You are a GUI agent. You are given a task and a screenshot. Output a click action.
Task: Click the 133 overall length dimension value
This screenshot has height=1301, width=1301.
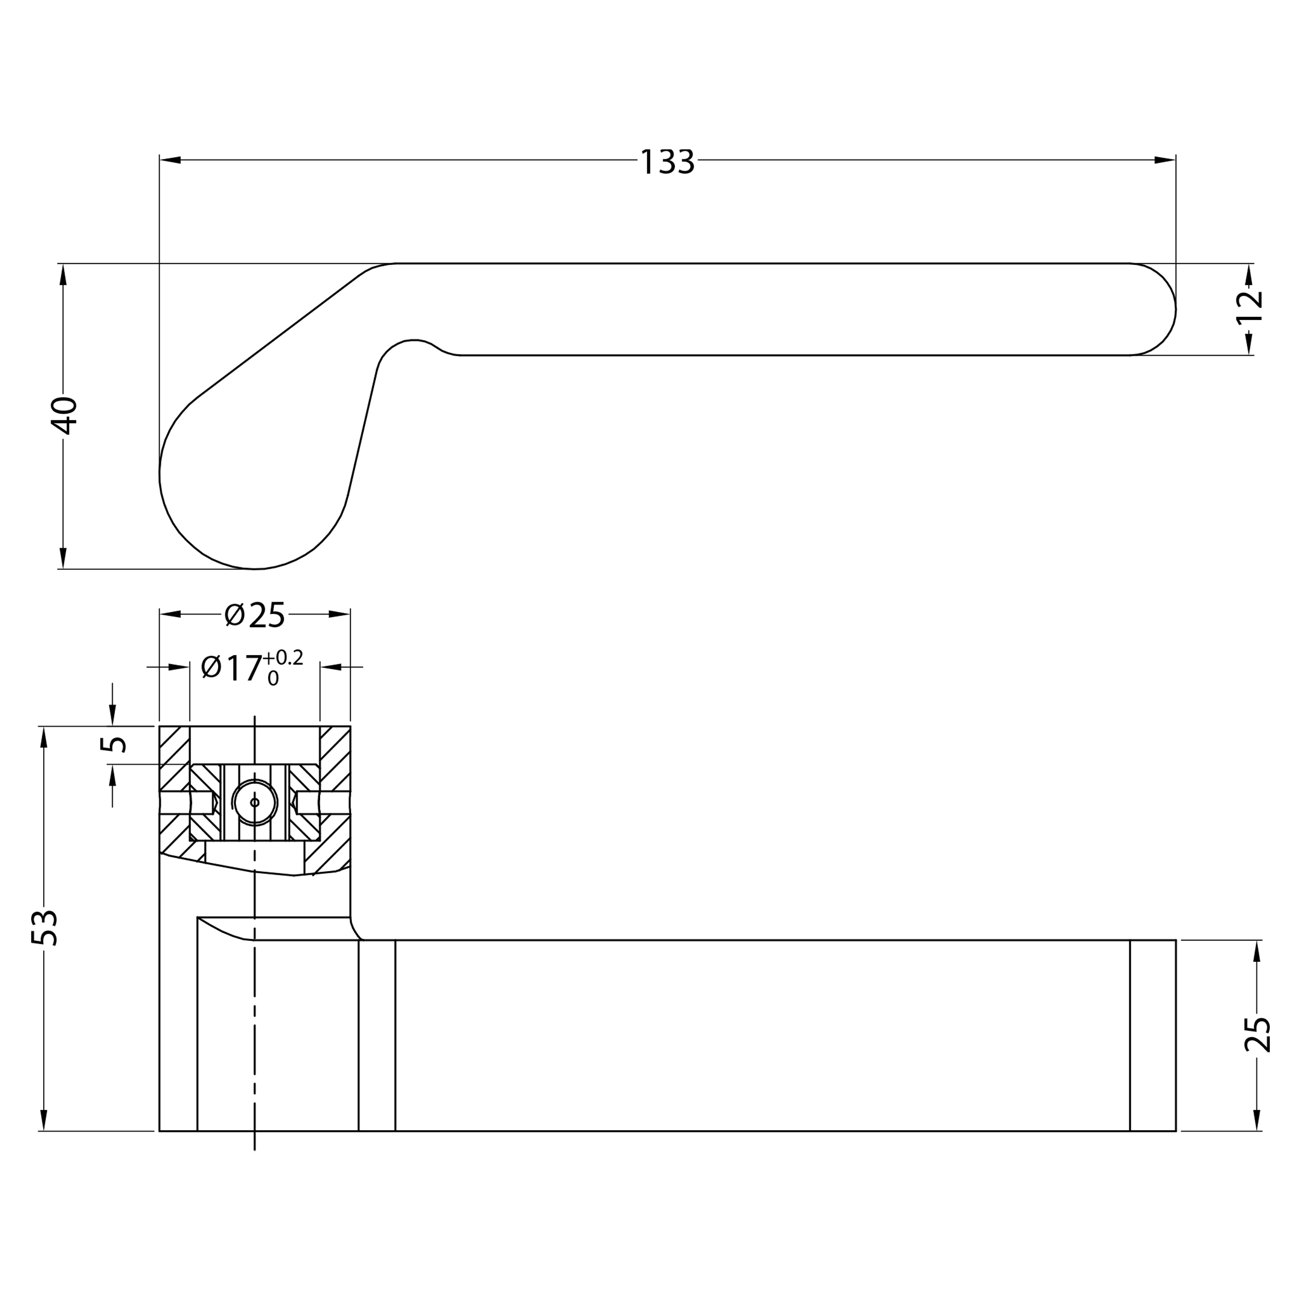(x=667, y=162)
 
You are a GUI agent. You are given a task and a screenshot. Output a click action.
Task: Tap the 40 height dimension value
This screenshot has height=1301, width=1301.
(x=65, y=415)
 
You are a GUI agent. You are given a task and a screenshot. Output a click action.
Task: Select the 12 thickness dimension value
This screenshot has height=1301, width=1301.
(x=1250, y=307)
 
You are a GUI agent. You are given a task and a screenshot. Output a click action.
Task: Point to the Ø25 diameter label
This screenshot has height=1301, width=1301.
(x=255, y=615)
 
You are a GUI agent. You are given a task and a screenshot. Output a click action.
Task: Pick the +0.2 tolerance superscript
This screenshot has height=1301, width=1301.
(x=283, y=657)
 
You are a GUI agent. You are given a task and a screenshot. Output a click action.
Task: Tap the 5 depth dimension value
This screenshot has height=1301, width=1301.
(x=113, y=744)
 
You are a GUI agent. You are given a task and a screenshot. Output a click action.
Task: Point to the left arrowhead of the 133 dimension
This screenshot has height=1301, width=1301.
(x=170, y=160)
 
